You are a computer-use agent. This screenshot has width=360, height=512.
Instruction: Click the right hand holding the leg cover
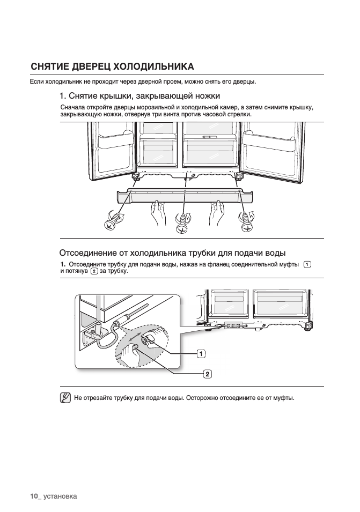[217, 211]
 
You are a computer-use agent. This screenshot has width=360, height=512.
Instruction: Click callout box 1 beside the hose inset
[201, 353]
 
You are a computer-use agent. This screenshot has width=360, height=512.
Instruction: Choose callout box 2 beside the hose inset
[207, 373]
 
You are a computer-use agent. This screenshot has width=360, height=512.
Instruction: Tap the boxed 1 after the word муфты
[307, 264]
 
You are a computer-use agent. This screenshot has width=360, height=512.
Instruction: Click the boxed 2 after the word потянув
[94, 271]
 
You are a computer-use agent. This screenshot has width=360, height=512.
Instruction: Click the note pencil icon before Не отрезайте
[66, 398]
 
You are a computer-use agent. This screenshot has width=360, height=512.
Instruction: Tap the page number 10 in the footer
[35, 496]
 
